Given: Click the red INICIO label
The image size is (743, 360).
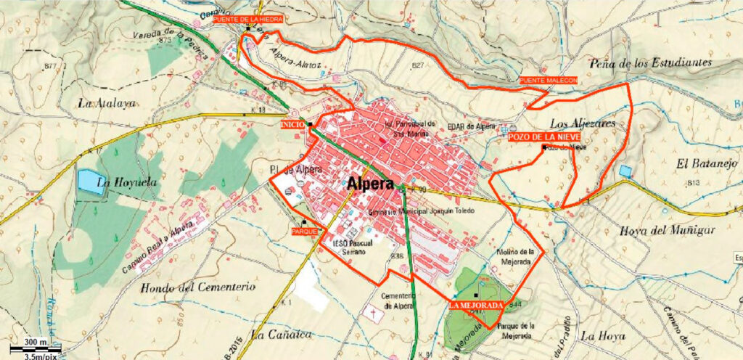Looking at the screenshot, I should (x=293, y=126).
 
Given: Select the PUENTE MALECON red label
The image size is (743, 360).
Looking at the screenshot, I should (x=548, y=80).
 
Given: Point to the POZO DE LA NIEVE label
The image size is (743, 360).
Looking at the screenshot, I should (x=544, y=137).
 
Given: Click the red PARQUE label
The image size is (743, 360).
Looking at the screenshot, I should (x=303, y=231).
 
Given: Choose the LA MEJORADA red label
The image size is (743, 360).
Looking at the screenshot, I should (x=475, y=306).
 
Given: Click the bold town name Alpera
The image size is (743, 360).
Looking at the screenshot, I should (x=371, y=184).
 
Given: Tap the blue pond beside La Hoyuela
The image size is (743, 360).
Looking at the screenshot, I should (x=90, y=181).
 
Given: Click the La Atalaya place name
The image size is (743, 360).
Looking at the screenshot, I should (x=107, y=103).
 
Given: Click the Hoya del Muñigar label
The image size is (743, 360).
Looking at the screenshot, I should (x=668, y=231).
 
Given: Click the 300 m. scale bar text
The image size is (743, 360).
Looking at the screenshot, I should (x=35, y=342).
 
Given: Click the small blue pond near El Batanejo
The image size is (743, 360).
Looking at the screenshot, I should (x=625, y=171).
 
